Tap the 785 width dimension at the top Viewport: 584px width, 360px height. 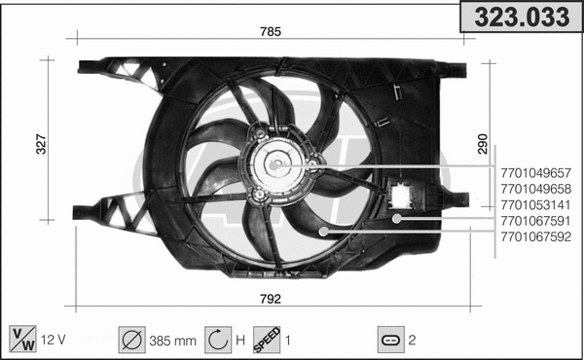point(271,31)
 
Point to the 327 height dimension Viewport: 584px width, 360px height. point(40,144)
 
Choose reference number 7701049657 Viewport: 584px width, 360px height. point(535,173)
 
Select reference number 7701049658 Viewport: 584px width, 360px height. point(535,189)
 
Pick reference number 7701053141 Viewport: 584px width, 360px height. point(535,204)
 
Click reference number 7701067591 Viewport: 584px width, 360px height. point(535,221)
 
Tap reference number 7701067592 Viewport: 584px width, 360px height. point(535,236)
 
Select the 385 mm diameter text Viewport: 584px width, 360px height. point(171,340)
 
